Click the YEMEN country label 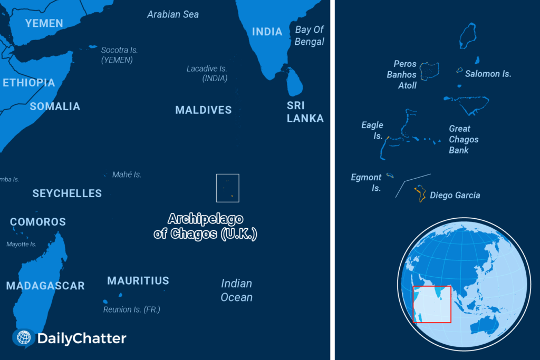click(x=44, y=23)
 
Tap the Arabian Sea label click(x=173, y=14)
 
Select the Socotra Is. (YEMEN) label click(x=119, y=55)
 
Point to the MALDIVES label click(x=204, y=110)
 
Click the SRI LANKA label click(x=305, y=112)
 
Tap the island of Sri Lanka click(x=294, y=82)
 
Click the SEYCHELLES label click(x=67, y=193)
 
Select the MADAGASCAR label click(x=45, y=286)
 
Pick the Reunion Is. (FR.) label click(x=131, y=309)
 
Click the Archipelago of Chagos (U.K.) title click(x=205, y=226)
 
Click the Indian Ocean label click(x=236, y=290)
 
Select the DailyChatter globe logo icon click(x=24, y=338)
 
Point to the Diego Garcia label click(x=455, y=196)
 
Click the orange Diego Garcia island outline click(x=420, y=193)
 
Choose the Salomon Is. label click(x=488, y=74)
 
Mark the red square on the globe click(x=432, y=304)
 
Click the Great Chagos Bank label click(x=464, y=139)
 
